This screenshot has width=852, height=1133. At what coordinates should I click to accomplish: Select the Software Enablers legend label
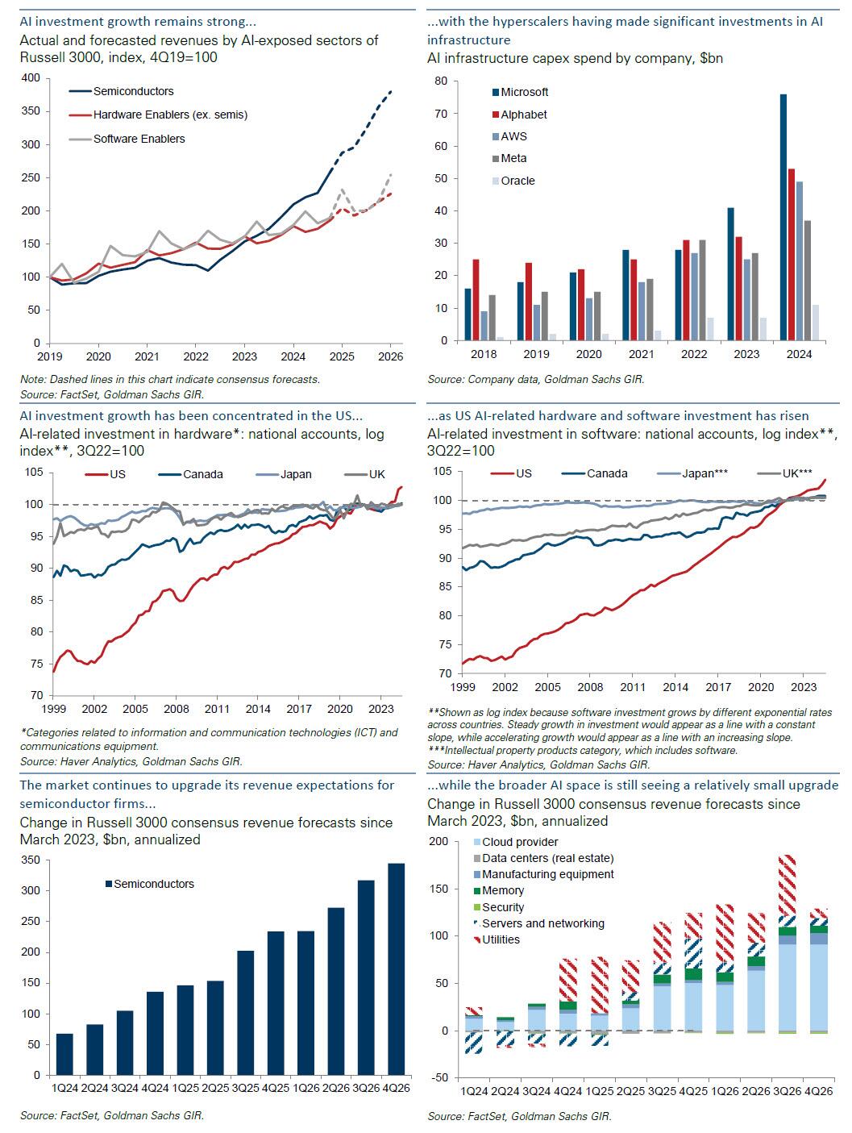click(x=139, y=139)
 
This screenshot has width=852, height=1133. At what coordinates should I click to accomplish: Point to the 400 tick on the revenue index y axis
click(x=31, y=78)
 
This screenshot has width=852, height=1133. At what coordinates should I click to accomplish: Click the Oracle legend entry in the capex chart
click(x=517, y=181)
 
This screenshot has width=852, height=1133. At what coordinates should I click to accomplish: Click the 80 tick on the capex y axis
click(x=441, y=81)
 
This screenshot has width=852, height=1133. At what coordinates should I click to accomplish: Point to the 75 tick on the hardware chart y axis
click(x=36, y=664)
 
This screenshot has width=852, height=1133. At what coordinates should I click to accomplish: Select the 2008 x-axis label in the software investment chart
click(x=591, y=687)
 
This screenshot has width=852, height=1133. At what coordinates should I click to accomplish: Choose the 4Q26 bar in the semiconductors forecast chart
click(x=397, y=968)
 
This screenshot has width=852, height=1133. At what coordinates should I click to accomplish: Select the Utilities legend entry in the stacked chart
click(x=501, y=939)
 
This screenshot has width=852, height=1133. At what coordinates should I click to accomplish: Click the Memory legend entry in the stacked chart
click(x=502, y=890)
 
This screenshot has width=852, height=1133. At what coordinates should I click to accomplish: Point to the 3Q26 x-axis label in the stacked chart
click(x=787, y=1091)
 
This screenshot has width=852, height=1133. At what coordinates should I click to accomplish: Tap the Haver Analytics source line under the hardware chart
click(x=131, y=760)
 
